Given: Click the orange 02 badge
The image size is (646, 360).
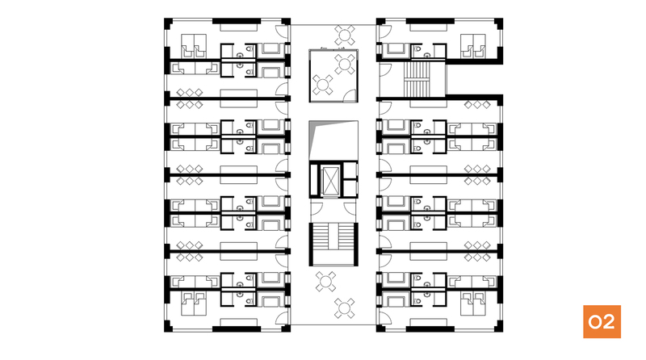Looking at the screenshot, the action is click(x=602, y=322).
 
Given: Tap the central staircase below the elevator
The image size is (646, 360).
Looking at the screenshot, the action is click(x=333, y=244).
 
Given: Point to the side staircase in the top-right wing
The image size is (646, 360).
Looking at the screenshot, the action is click(x=417, y=78).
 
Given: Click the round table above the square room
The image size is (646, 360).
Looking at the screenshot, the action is click(x=345, y=35).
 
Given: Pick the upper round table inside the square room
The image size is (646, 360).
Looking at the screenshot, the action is click(x=345, y=64).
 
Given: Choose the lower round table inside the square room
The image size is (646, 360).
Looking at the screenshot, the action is click(x=322, y=85).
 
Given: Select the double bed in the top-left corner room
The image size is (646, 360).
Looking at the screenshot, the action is click(x=194, y=46).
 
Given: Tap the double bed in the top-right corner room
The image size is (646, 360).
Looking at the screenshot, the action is click(x=473, y=46).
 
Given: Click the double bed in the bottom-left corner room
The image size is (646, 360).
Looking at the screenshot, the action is click(x=194, y=304).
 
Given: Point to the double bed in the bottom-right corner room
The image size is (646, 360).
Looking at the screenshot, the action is click(x=473, y=304).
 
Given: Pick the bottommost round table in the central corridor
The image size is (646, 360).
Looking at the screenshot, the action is click(x=345, y=308).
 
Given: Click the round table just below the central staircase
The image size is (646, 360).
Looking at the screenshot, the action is click(x=326, y=282).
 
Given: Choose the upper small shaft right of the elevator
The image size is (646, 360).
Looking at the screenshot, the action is click(x=350, y=170).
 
